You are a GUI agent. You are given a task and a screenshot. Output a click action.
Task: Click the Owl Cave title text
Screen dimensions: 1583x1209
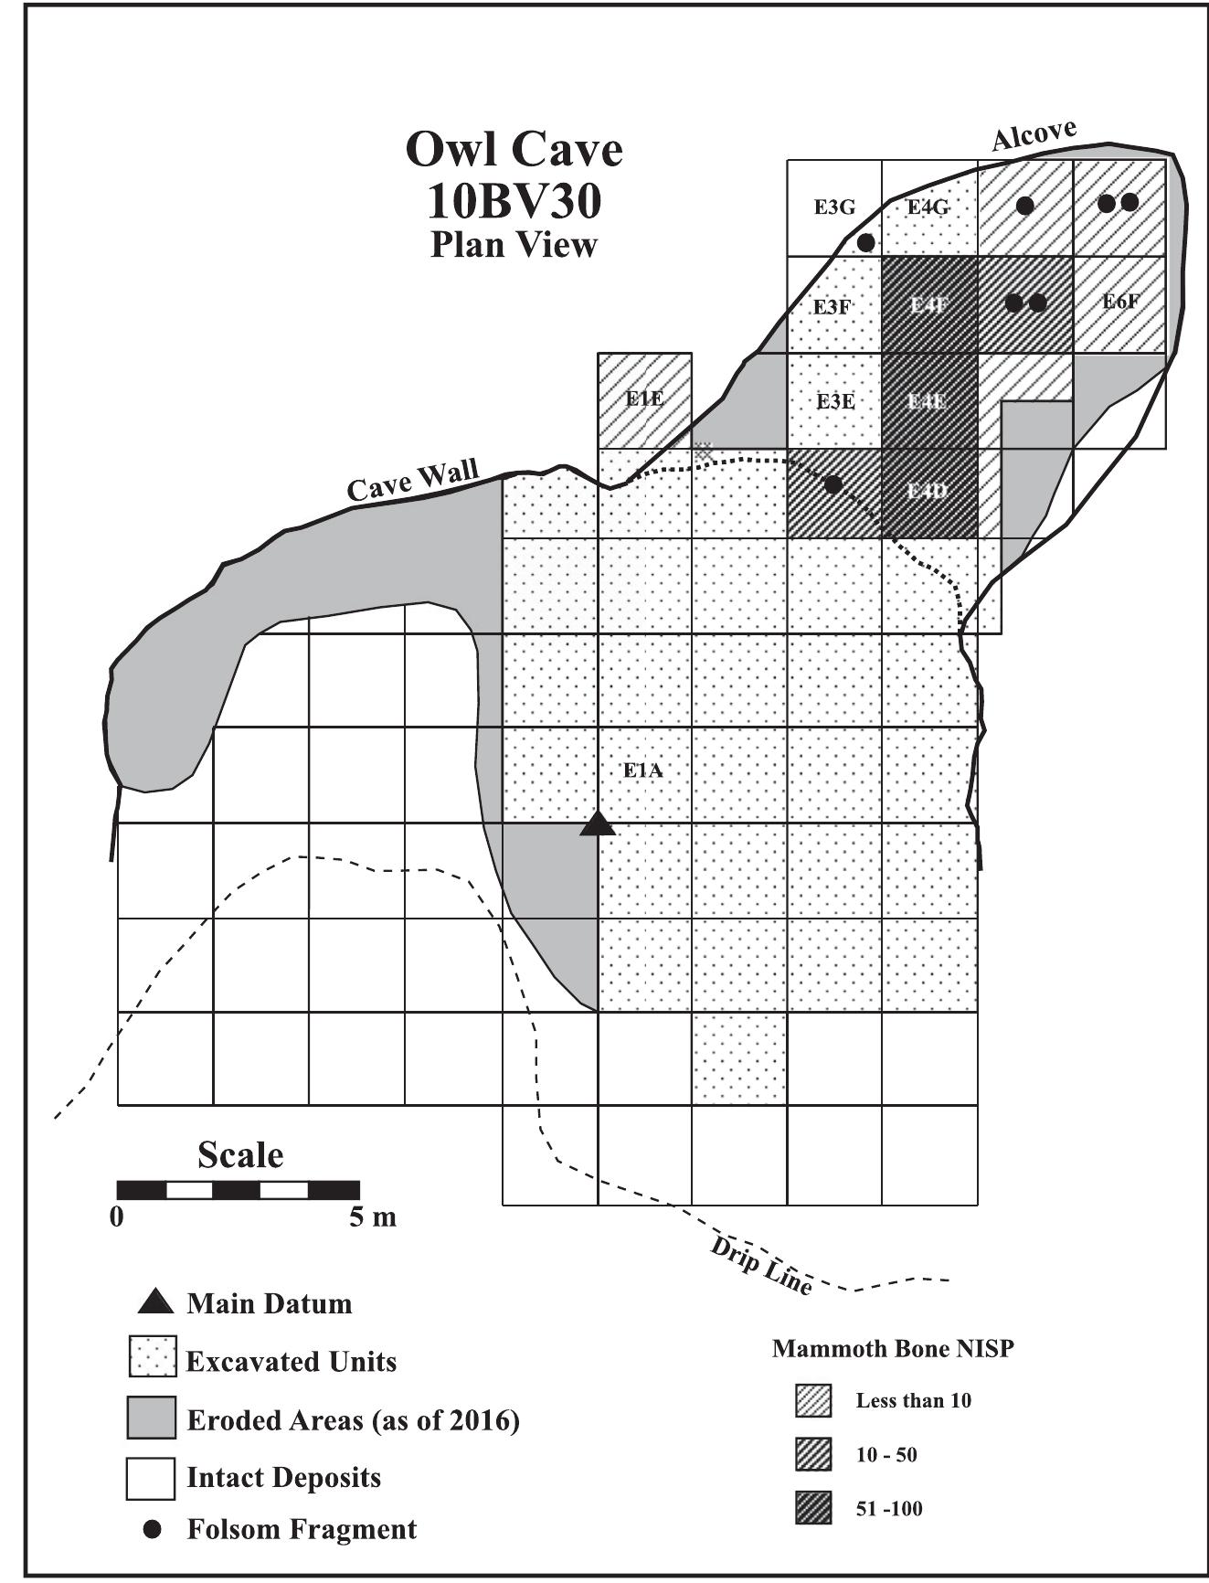pyautogui.click(x=514, y=149)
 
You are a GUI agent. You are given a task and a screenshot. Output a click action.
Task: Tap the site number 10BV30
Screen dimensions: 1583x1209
pyautogui.click(x=514, y=202)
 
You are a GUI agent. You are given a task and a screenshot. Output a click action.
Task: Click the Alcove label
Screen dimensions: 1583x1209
pyautogui.click(x=1034, y=134)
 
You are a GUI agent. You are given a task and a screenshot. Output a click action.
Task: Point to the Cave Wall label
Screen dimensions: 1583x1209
pyautogui.click(x=413, y=482)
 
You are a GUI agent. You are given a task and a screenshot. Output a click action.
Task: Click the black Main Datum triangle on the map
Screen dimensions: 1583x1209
pyautogui.click(x=599, y=824)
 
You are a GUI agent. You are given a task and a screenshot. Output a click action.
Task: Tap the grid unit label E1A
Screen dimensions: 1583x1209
pyautogui.click(x=642, y=770)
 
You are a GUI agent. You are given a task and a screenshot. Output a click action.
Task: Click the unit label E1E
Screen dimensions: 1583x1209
pyautogui.click(x=644, y=398)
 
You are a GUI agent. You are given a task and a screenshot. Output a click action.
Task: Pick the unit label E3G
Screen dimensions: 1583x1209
pyautogui.click(x=834, y=207)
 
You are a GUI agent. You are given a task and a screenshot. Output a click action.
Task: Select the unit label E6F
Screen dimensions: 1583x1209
pyautogui.click(x=1120, y=301)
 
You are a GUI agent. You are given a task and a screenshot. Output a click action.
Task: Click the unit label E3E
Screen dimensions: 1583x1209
pyautogui.click(x=834, y=401)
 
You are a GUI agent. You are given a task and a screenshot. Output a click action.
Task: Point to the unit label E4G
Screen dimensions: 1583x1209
pyautogui.click(x=928, y=207)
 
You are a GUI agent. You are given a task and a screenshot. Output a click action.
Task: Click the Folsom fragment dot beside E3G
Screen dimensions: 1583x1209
pyautogui.click(x=866, y=242)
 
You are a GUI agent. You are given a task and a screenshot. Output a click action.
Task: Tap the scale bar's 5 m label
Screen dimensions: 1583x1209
pyautogui.click(x=373, y=1217)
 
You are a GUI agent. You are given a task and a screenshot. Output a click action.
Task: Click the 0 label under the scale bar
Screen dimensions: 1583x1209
pyautogui.click(x=116, y=1217)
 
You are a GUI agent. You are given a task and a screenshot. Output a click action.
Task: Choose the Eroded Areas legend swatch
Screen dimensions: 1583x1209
pyautogui.click(x=151, y=1419)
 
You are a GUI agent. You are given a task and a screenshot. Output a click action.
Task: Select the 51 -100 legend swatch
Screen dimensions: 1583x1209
pyautogui.click(x=812, y=1508)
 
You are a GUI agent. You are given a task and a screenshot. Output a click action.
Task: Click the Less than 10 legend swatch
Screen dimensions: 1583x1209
pyautogui.click(x=812, y=1400)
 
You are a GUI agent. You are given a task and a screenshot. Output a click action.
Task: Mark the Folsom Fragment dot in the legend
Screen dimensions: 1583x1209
pyautogui.click(x=153, y=1529)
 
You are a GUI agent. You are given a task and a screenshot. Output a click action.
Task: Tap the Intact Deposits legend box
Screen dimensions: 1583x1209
pyautogui.click(x=151, y=1478)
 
